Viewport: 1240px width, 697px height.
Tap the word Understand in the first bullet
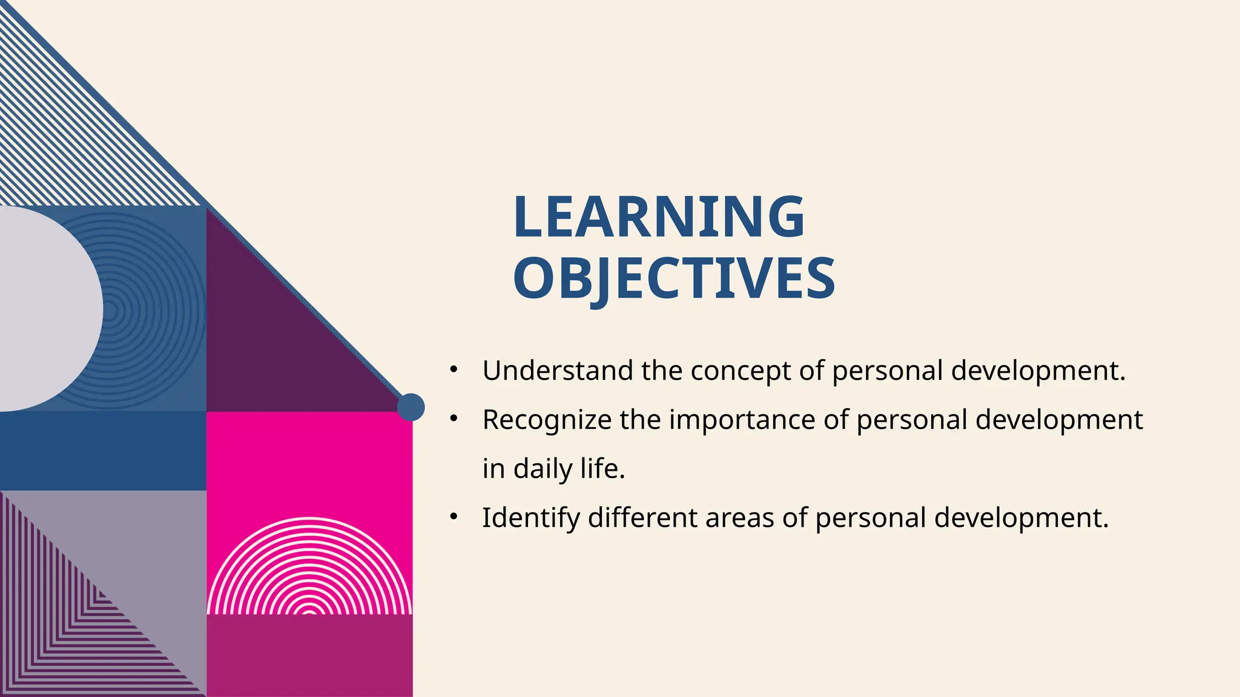558,370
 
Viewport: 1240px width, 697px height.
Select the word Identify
530,518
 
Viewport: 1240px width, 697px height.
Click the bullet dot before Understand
454,369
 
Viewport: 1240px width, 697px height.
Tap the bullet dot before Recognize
454,419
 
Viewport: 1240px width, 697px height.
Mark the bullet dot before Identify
454,517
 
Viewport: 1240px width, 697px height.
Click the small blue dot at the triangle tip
411,407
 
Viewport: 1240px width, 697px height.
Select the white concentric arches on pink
309,569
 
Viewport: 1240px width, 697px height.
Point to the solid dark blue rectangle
103,451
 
